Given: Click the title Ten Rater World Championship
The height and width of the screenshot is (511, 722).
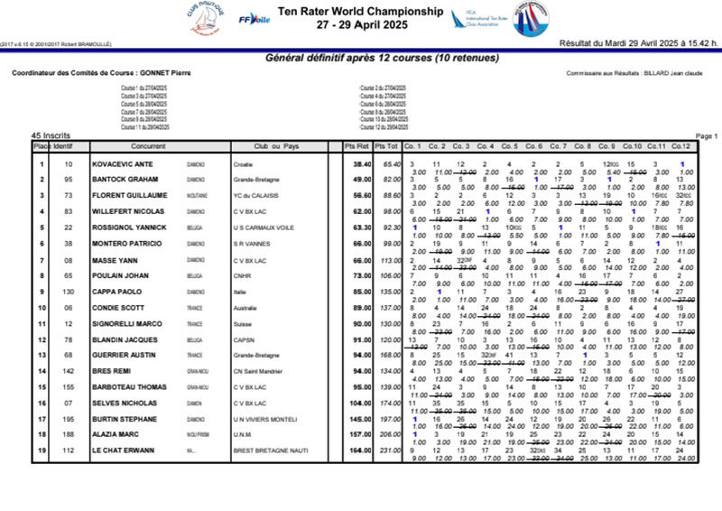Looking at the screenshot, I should coord(360,12).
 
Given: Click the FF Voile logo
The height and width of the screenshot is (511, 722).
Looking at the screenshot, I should coord(254,19).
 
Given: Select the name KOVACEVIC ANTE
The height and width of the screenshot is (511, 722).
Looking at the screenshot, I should coord(125,164).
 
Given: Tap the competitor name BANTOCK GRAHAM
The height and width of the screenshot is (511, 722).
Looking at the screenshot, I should coord(125,180).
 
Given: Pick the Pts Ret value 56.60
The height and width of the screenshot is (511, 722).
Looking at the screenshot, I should coord(361,195).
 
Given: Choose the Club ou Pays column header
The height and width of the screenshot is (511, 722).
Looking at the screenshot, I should coord(276,146).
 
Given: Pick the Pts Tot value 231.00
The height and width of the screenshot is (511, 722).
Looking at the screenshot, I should coord(390,450).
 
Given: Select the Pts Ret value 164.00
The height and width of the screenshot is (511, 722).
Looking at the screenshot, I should coord(360,450).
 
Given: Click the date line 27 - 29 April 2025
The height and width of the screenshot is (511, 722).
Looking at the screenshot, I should coord(360,25).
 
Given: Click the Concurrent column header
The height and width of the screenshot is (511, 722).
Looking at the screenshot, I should coord(147,146).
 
